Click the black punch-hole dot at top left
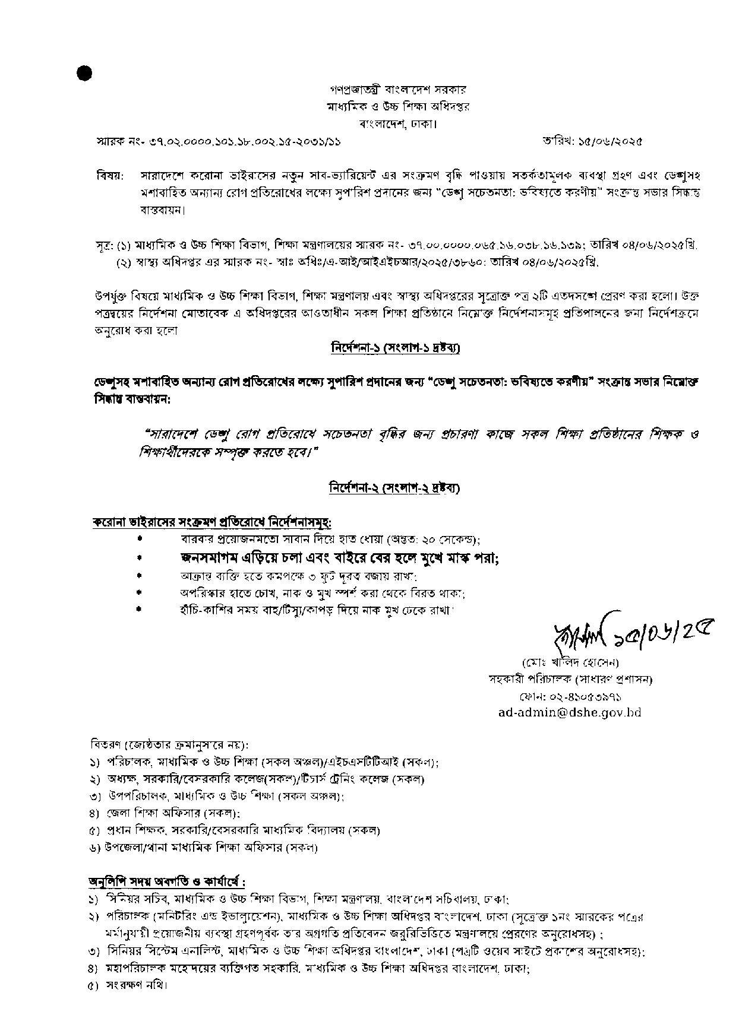tap(84, 73)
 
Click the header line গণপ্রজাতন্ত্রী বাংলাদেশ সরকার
tap(398, 90)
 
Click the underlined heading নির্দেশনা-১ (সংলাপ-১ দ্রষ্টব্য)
tap(395, 348)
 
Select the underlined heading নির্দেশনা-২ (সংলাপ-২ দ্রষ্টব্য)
tap(394, 488)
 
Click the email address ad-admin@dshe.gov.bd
tap(570, 713)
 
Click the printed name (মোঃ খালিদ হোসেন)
tap(570, 662)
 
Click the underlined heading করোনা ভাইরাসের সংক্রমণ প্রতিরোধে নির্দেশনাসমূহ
tap(211, 522)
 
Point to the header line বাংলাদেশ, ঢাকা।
tap(398, 125)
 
